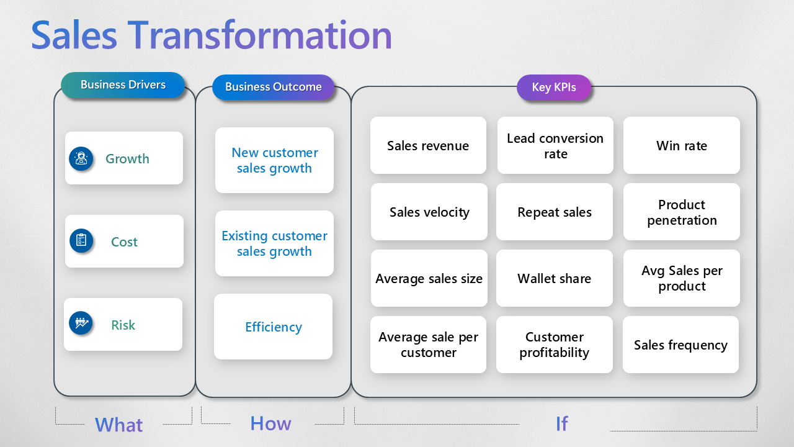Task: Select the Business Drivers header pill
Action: click(123, 85)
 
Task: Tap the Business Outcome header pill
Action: click(273, 87)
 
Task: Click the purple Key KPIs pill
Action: click(554, 88)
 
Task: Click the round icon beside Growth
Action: click(81, 158)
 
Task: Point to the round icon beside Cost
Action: click(81, 241)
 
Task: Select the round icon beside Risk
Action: click(81, 323)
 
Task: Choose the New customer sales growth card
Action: click(274, 160)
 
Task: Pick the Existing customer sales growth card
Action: click(274, 243)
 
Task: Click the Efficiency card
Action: click(274, 327)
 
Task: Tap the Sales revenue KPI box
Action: click(428, 146)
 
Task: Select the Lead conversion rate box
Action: click(555, 146)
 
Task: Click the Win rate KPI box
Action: click(681, 146)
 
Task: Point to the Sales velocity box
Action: click(429, 212)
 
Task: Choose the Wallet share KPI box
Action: click(554, 279)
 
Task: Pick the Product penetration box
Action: click(682, 212)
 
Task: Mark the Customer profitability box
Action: click(554, 345)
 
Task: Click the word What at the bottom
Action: click(118, 425)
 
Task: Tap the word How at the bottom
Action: click(270, 423)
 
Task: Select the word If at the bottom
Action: click(561, 423)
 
